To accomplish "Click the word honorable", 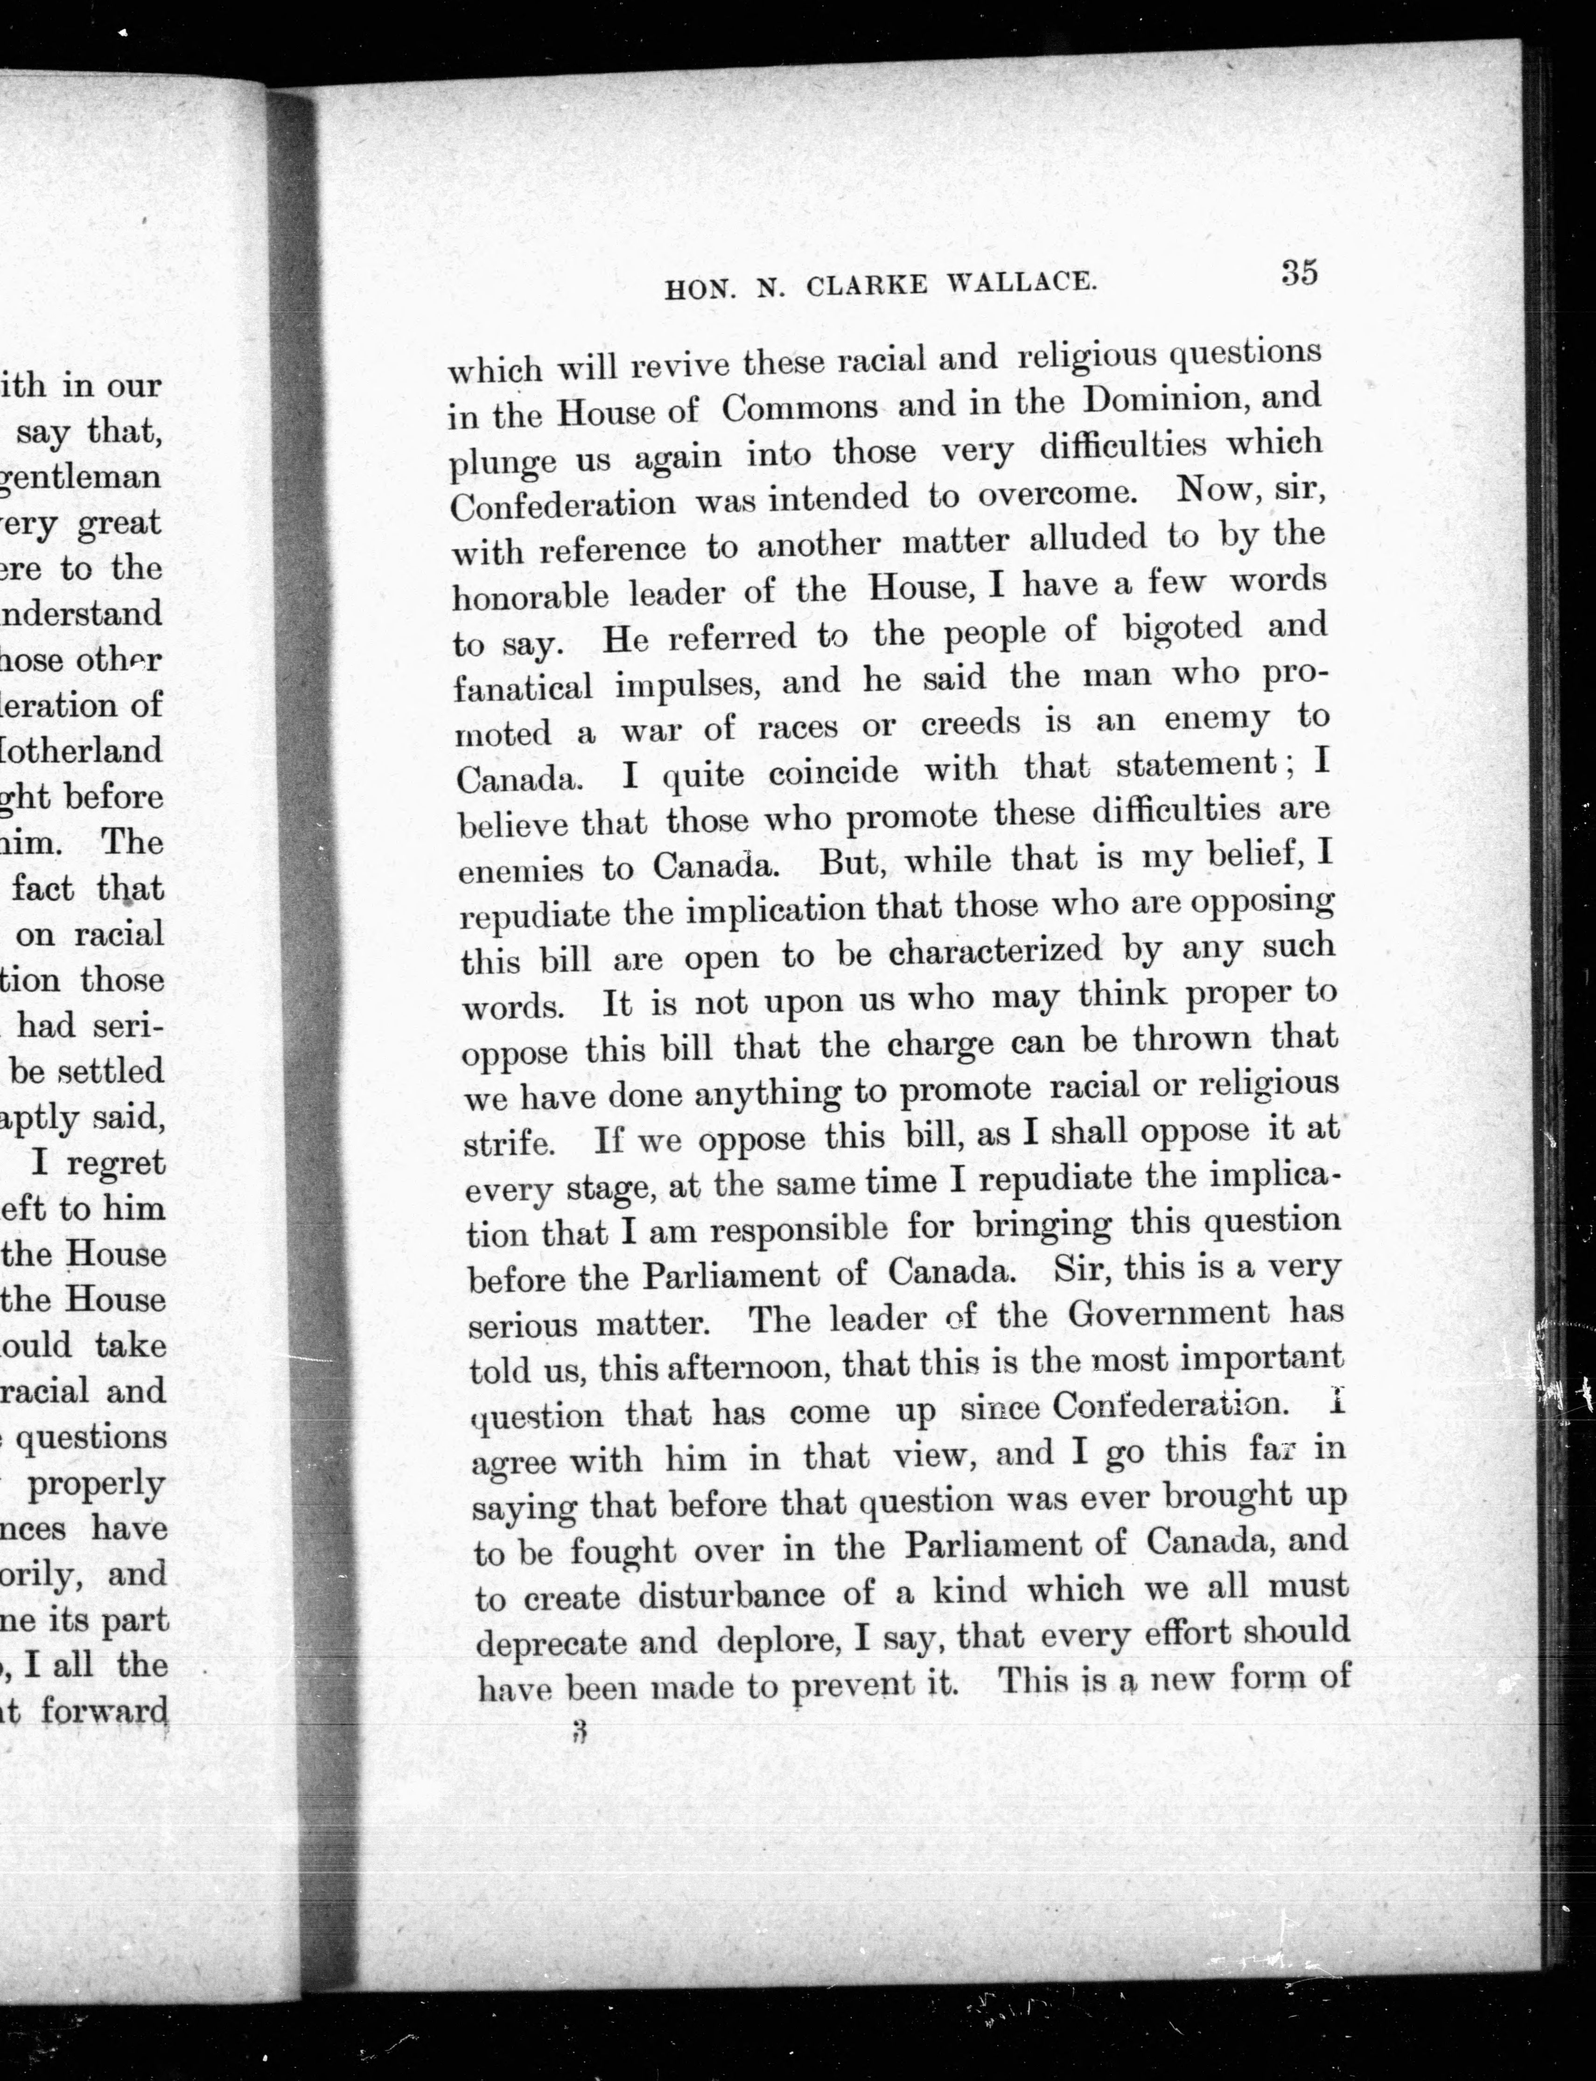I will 530,595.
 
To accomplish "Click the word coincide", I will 833,771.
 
